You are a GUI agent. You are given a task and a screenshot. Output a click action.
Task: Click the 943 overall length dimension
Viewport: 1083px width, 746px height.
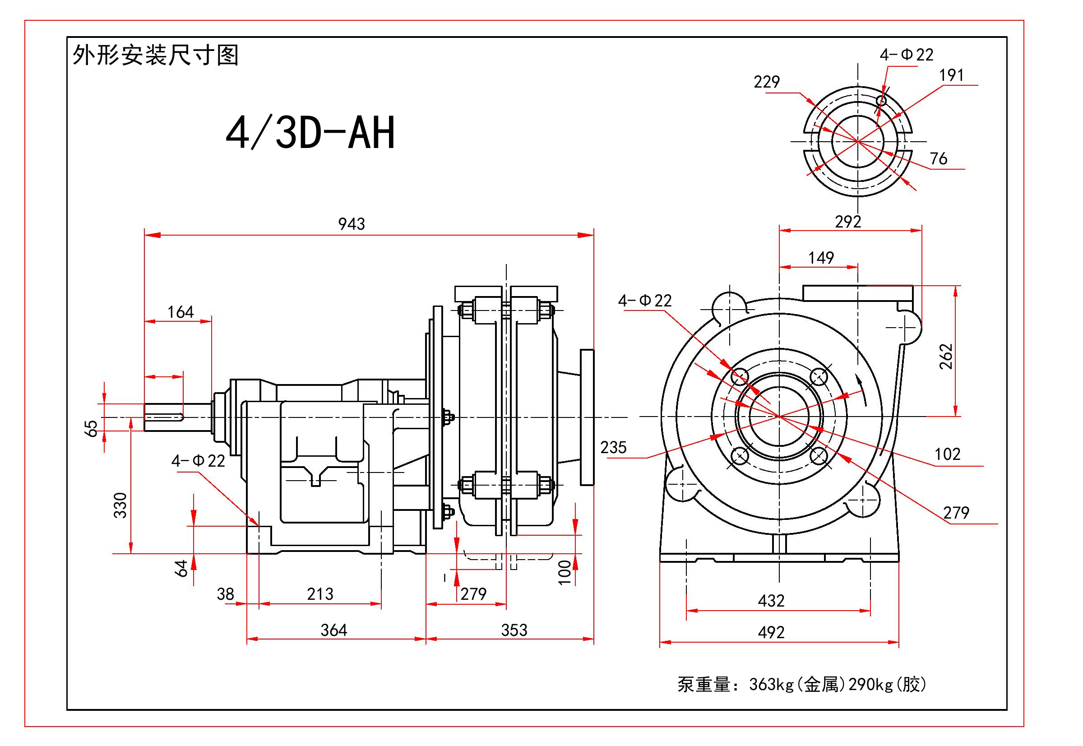352,224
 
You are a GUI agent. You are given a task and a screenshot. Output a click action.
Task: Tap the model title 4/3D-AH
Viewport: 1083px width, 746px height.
310,133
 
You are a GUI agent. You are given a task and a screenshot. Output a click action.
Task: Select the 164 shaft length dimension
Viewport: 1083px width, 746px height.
180,312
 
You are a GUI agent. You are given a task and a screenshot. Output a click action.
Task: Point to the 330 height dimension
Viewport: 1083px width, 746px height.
120,505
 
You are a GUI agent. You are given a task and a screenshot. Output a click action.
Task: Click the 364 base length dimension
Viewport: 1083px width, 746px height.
334,630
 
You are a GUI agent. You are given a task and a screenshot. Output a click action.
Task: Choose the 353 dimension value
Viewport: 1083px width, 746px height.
514,630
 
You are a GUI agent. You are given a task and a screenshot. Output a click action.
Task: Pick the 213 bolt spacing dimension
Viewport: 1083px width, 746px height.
320,594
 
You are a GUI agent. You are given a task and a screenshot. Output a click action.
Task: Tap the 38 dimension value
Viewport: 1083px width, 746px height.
225,594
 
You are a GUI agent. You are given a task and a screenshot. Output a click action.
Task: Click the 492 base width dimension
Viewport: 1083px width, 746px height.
771,632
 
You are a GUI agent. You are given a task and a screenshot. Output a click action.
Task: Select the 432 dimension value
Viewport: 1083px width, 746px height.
771,601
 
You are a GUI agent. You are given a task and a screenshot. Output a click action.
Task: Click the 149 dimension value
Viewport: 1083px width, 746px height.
821,258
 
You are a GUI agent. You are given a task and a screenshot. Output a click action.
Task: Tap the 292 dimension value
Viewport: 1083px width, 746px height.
848,222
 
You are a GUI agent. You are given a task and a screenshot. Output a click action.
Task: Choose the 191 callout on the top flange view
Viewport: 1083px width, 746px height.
952,75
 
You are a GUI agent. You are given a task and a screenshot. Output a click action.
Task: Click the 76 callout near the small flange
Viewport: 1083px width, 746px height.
939,159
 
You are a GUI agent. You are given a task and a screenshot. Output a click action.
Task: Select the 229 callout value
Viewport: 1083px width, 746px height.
767,82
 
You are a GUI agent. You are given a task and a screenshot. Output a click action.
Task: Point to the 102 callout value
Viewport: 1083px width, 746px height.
948,454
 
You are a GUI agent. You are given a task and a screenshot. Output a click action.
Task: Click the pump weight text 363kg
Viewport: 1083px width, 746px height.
772,685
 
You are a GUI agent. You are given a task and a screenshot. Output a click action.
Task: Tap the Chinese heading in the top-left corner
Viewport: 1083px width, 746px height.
156,55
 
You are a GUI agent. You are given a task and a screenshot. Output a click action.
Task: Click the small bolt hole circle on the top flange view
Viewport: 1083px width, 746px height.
882,101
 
